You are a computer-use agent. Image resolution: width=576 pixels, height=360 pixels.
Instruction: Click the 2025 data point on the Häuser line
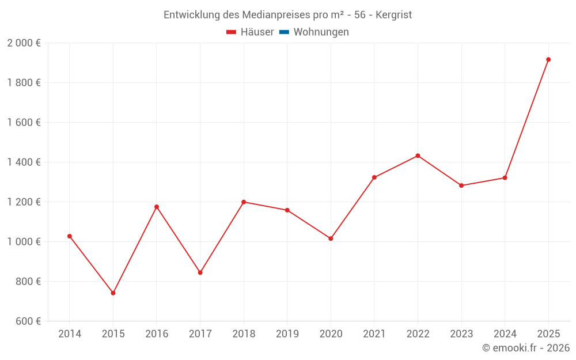tap(548, 59)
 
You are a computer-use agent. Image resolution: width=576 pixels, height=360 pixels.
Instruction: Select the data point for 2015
tap(113, 293)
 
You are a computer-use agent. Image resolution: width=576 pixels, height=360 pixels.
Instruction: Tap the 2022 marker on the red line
tap(418, 156)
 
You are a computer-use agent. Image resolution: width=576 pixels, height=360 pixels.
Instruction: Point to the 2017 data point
tap(200, 272)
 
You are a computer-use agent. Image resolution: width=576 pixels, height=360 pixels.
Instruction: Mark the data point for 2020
tap(331, 238)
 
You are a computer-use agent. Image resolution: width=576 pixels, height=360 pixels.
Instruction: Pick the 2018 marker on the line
tap(244, 202)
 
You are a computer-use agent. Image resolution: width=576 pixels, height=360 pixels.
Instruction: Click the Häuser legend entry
tap(250, 32)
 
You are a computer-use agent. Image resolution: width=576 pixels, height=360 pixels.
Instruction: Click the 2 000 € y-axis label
tap(24, 43)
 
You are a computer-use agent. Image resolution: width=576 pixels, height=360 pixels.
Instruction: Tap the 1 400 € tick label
tap(24, 162)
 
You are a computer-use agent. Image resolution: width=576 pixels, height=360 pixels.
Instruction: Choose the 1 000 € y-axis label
tap(24, 242)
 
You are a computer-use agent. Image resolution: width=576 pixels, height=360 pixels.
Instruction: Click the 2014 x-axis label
tap(70, 334)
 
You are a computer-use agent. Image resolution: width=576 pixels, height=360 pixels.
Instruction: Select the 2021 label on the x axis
tap(374, 334)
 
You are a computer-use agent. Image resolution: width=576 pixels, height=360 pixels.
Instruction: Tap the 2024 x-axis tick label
tap(505, 334)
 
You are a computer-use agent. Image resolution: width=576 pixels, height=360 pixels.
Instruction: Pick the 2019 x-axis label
tap(287, 334)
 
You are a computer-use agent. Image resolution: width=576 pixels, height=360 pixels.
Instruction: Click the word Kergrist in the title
tap(394, 15)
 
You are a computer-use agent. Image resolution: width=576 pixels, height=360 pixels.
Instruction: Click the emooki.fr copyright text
tap(526, 348)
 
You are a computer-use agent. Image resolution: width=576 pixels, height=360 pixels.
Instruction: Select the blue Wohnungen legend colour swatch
tap(284, 32)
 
